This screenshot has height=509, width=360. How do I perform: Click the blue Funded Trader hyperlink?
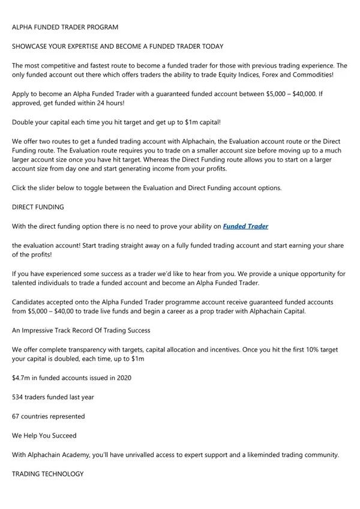[x=245, y=226]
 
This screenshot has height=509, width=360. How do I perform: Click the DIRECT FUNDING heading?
[x=39, y=207]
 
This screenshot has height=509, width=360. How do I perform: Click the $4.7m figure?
[x=22, y=378]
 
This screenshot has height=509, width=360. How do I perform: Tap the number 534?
[x=19, y=397]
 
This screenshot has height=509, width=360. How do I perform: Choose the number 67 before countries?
[x=17, y=416]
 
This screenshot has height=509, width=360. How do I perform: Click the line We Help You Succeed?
[x=44, y=435]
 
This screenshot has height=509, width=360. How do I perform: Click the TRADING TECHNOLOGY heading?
[x=47, y=474]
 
